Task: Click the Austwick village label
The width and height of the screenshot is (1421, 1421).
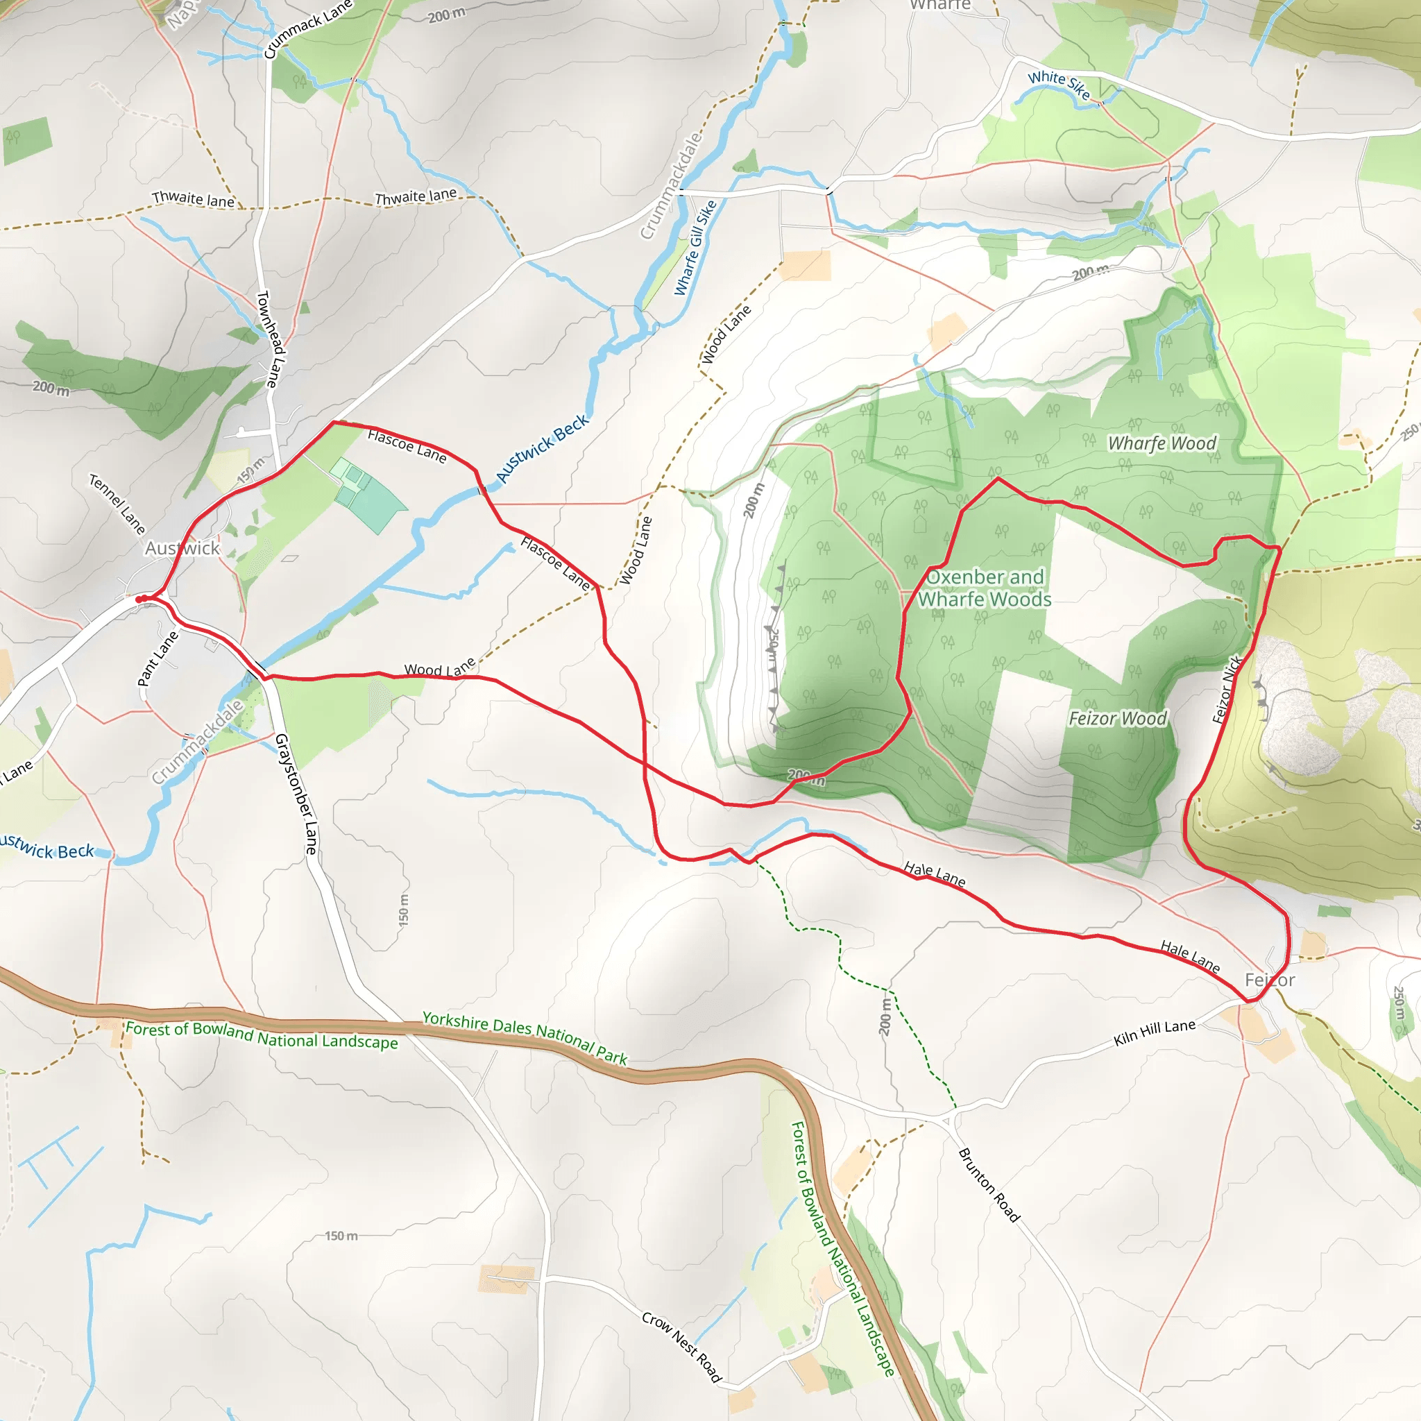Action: pyautogui.click(x=182, y=548)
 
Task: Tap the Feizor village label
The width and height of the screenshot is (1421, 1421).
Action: pyautogui.click(x=1270, y=980)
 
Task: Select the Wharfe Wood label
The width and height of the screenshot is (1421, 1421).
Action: pyautogui.click(x=1162, y=443)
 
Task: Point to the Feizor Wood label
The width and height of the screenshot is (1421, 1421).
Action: pyautogui.click(x=1117, y=718)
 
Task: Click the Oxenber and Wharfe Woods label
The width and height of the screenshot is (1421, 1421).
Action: pyautogui.click(x=985, y=588)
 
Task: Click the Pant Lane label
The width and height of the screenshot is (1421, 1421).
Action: pyautogui.click(x=158, y=658)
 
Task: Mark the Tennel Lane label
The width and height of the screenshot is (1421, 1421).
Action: pyautogui.click(x=117, y=504)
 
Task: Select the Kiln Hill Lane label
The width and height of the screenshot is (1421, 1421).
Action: pyautogui.click(x=1154, y=1032)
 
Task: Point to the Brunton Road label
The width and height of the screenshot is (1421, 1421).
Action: pyautogui.click(x=989, y=1185)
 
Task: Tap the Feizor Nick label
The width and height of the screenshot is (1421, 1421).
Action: pyautogui.click(x=1227, y=689)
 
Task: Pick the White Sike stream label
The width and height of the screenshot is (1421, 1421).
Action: pyautogui.click(x=1058, y=85)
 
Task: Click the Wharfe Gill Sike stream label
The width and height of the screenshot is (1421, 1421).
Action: pyautogui.click(x=695, y=248)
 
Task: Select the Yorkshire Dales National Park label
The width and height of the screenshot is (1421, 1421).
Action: pyautogui.click(x=525, y=1038)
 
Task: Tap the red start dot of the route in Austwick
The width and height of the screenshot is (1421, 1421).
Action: pyautogui.click(x=139, y=599)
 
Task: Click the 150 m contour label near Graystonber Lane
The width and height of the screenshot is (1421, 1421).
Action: pyautogui.click(x=403, y=910)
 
